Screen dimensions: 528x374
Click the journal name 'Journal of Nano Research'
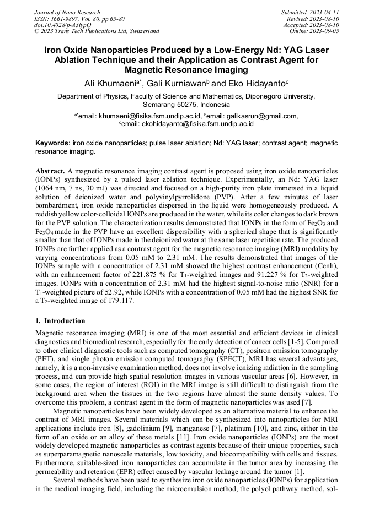[x=67, y=12]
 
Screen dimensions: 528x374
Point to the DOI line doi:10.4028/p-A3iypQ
[x=62, y=25]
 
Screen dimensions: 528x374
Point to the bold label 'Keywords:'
[x=52, y=143]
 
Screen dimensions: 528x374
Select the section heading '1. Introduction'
[x=60, y=321]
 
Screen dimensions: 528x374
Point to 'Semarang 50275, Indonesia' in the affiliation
[x=186, y=104]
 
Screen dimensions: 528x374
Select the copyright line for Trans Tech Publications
[x=97, y=31]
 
